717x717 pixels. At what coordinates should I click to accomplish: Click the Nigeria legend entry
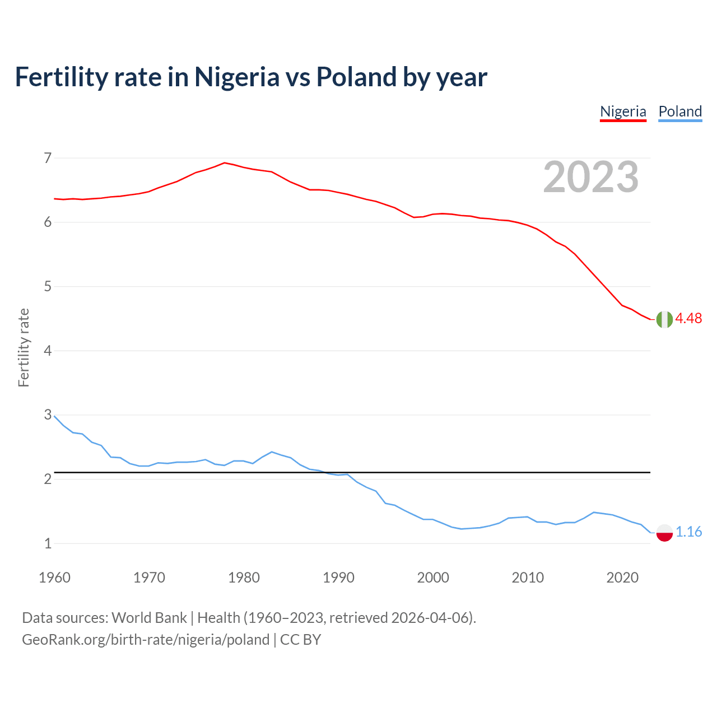623,111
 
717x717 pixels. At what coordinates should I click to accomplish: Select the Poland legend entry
680,111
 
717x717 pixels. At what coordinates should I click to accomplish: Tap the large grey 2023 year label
591,177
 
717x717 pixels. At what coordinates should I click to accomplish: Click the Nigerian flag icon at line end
664,319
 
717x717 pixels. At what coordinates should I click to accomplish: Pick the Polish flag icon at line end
664,532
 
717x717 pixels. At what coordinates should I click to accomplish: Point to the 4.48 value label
688,318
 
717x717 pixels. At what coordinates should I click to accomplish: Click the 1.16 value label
688,532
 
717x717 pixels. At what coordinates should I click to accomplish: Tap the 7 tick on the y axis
48,158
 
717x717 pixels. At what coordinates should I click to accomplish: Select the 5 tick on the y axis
48,287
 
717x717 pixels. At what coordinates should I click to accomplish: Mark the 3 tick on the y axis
48,415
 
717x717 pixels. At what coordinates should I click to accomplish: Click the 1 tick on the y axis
48,543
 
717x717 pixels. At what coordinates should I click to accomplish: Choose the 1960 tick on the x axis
54,578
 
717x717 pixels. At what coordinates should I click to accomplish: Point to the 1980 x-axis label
244,578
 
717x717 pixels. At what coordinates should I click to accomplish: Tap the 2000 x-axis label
433,578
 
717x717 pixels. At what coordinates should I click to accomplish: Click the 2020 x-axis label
622,578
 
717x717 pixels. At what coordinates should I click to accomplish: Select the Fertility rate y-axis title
24,347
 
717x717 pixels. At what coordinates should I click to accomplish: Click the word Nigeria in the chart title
236,77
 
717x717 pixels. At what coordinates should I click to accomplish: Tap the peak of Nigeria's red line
225,162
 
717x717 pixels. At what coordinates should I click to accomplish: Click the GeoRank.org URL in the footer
146,640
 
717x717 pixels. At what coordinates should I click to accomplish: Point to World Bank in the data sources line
149,618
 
